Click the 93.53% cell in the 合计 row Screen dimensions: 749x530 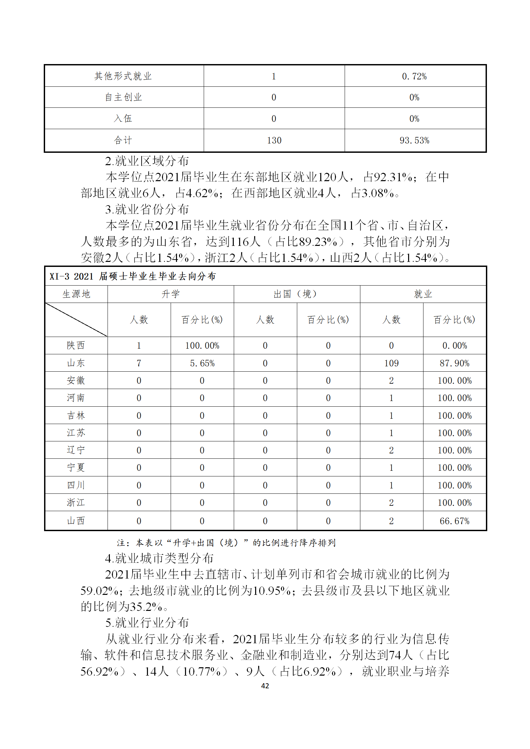pos(414,140)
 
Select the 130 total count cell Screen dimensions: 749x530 pos(274,140)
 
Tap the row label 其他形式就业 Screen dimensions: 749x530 pos(123,76)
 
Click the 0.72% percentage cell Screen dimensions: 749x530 pos(414,76)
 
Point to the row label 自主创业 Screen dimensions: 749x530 pos(123,97)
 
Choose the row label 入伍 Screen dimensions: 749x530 pos(123,118)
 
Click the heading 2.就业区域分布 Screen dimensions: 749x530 pos(147,161)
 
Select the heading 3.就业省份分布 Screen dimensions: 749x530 pos(147,210)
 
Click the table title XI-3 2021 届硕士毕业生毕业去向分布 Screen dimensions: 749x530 pos(133,276)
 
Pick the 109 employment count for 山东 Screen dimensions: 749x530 pos(391,363)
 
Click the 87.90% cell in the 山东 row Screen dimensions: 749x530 pos(454,363)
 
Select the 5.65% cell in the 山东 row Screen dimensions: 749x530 pos(202,363)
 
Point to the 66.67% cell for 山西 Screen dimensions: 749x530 pos(454,521)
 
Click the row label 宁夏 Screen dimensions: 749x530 pos(76,468)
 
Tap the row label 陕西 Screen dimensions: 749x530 pos(76,346)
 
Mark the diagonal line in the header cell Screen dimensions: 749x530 pos(76,320)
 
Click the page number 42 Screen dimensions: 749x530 pos(265,686)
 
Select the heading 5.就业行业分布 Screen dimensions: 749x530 pos(147,623)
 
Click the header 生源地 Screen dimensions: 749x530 pos(76,294)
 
